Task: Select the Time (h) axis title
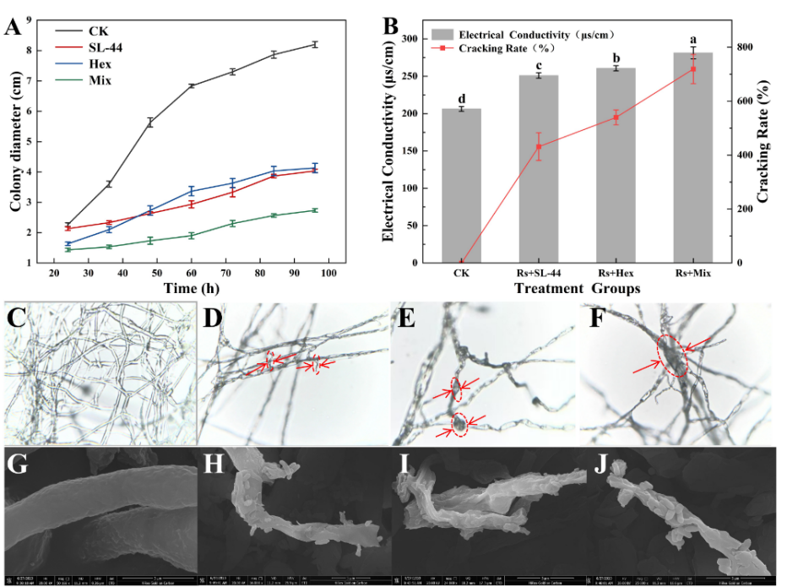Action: [x=193, y=287]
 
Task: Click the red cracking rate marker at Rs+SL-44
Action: [x=539, y=146]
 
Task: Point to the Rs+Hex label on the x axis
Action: [x=616, y=273]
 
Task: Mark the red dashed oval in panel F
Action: [x=673, y=355]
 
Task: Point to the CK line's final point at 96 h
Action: [x=315, y=44]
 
